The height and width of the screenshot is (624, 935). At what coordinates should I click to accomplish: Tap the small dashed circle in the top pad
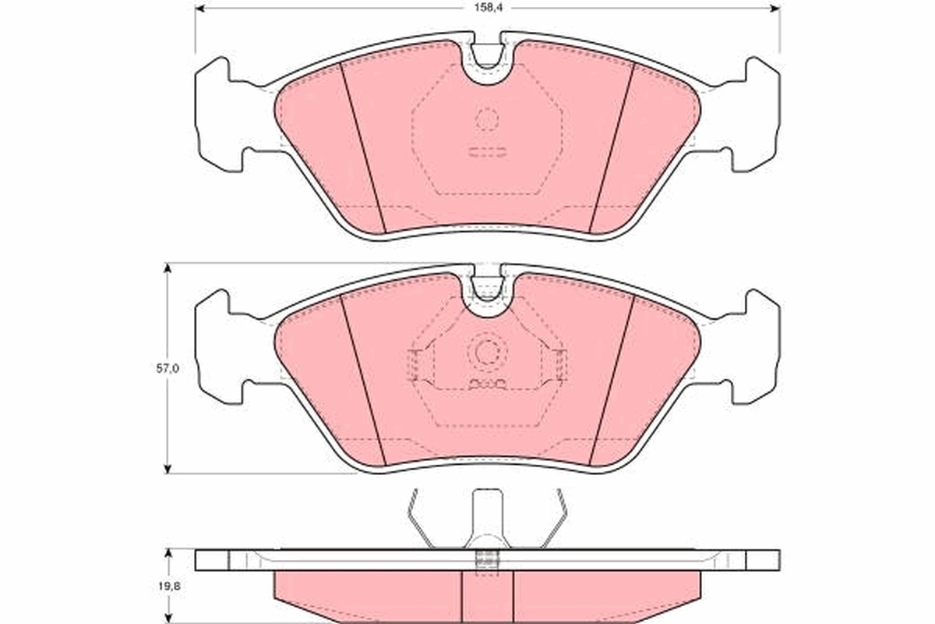click(487, 119)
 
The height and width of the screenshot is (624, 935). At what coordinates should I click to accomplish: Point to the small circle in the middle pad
click(487, 353)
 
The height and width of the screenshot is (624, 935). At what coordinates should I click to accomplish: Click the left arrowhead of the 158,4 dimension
click(199, 9)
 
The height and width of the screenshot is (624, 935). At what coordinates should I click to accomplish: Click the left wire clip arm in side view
click(421, 519)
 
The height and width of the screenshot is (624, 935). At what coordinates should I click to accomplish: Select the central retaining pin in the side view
click(487, 519)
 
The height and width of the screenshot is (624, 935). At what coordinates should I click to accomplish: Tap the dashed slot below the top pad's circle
click(487, 152)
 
